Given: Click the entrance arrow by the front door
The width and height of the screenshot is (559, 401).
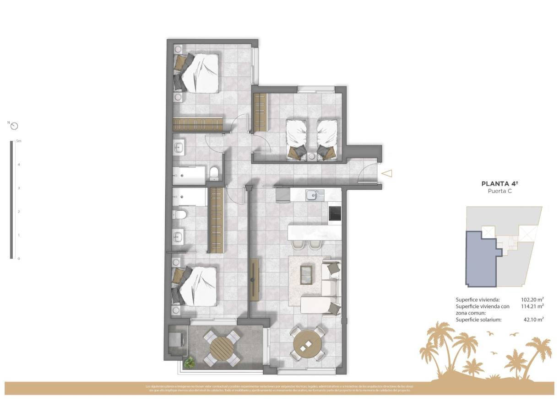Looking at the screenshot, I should click(x=387, y=173).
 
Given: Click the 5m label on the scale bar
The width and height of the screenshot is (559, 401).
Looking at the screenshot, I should click(x=18, y=141).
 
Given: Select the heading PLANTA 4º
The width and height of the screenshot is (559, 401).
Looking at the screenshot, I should click(x=499, y=183).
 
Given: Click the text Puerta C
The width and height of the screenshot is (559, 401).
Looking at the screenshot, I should click(x=499, y=191).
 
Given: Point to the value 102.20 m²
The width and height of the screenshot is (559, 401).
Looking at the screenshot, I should click(x=532, y=299).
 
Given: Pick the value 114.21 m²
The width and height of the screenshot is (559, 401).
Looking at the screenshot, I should click(x=532, y=306).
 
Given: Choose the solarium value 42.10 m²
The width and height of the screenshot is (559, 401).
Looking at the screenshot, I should click(x=533, y=320).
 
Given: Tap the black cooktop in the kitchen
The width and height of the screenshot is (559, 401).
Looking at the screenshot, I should click(x=335, y=213).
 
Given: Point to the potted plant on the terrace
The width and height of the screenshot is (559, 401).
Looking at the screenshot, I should click(x=189, y=363).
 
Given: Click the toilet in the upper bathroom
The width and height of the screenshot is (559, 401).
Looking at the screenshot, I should click(x=213, y=173).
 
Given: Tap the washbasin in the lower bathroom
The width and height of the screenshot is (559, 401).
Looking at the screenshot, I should click(x=179, y=236).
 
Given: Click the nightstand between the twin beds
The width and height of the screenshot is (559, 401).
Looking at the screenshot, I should click(x=312, y=156).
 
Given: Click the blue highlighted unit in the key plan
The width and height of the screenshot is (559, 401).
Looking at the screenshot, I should click(x=481, y=258).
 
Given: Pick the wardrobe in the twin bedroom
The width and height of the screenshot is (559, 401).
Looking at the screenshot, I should click(x=260, y=112).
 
